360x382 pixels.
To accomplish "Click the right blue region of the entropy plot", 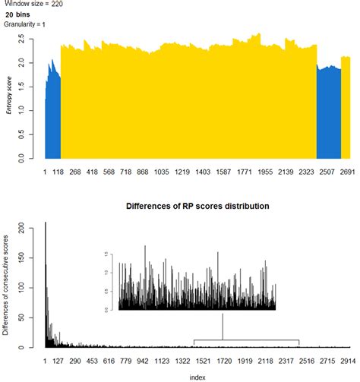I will [x=328, y=114].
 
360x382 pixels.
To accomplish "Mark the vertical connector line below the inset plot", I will [x=223, y=327].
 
